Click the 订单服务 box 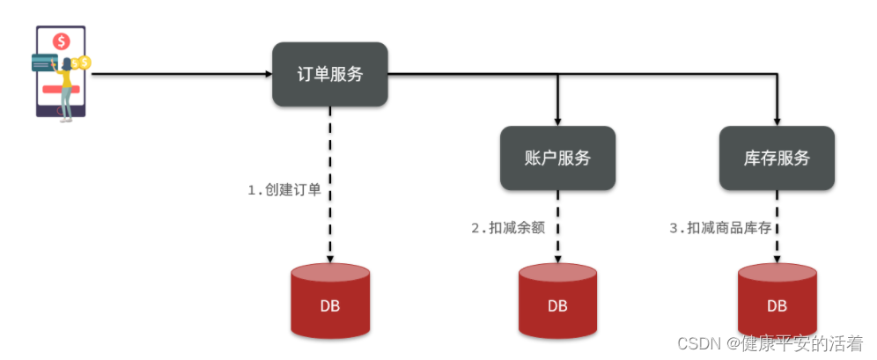pos(329,75)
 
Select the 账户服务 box pos(557,158)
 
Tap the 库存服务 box pos(777,158)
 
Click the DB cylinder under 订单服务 pos(330,302)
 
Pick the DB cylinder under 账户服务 pos(557,302)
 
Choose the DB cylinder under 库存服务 pos(777,302)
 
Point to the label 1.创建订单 pos(284,190)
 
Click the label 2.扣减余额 pos(508,227)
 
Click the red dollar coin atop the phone pos(61,40)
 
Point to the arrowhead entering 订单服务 pos(268,75)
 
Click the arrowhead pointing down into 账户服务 pos(557,121)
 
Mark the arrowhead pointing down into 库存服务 pos(777,121)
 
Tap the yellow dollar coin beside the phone pos(84,62)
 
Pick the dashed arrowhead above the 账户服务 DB pos(557,259)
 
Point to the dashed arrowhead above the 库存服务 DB pos(777,259)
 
